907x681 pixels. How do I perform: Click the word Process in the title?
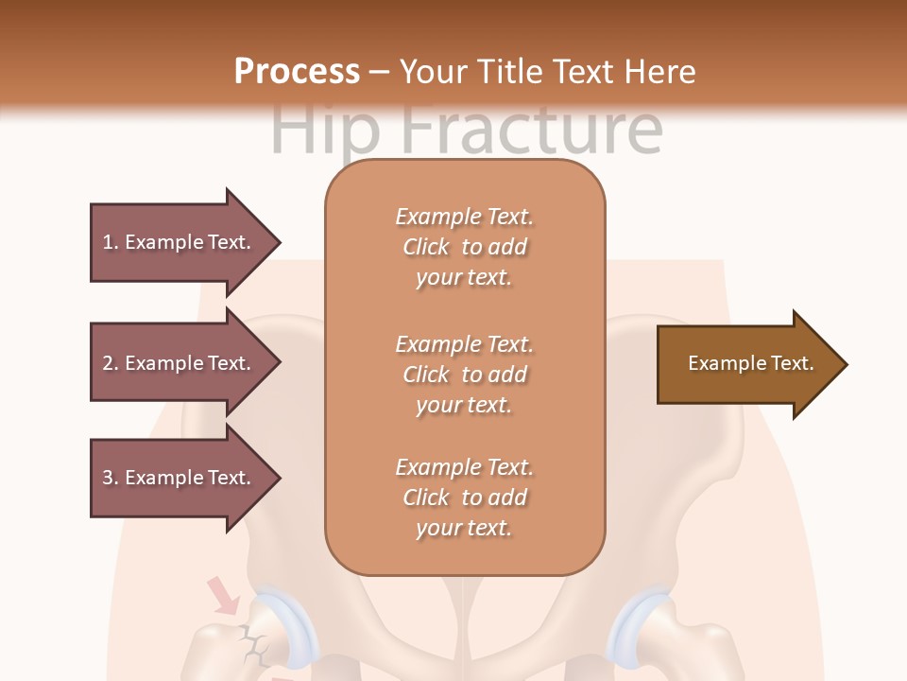coord(297,71)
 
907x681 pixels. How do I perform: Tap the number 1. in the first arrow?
coord(111,242)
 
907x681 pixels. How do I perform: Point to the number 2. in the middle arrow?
coord(111,363)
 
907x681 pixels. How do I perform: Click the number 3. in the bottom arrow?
coord(111,478)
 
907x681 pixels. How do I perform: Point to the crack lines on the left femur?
coord(253,643)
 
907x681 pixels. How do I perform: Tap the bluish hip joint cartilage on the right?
coord(635,624)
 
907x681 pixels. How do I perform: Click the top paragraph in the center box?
coord(464,247)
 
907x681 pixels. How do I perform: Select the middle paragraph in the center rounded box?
coord(464,375)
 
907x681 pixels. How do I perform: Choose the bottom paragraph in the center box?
coord(464,498)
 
